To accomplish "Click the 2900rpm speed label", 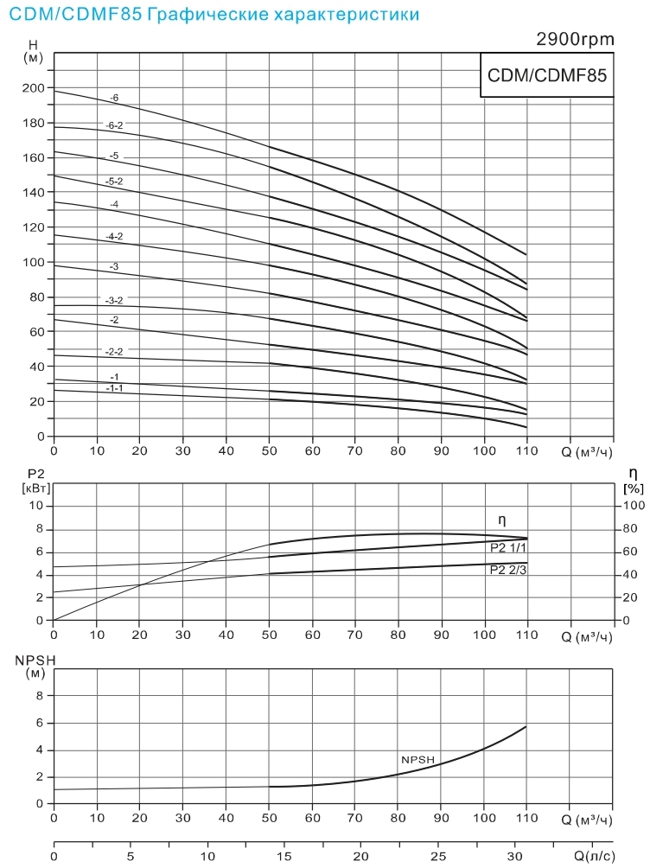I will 575,39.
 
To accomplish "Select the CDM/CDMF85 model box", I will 548,74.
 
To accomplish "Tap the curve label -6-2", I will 114,124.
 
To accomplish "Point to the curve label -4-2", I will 114,236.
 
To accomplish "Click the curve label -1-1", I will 114,388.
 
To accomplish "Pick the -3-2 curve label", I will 114,300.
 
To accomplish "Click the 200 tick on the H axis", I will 34,88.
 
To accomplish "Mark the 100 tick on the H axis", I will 34,262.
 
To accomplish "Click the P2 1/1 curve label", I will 507,547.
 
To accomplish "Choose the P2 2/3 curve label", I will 507,570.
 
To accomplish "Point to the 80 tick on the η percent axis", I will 633,528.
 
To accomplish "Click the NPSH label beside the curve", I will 417,759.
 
